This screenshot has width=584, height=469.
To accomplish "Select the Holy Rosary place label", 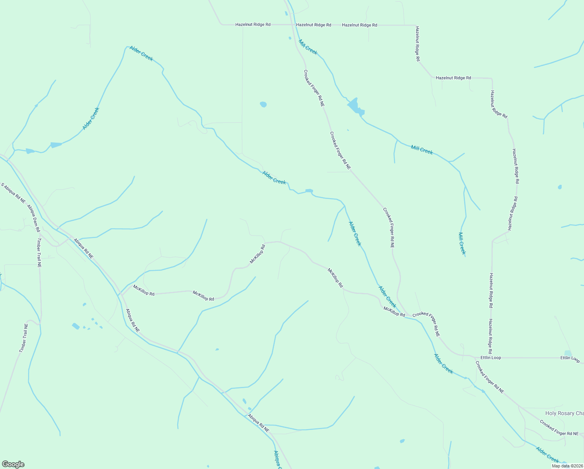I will pyautogui.click(x=564, y=413).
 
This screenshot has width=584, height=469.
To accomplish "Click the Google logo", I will pyautogui.click(x=13, y=464).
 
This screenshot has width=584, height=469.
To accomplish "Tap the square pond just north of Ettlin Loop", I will pyautogui.click(x=568, y=354).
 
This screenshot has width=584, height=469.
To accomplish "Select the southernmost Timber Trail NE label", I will pyautogui.click(x=24, y=338).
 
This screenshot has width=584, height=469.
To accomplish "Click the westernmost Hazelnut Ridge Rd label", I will pyautogui.click(x=253, y=25).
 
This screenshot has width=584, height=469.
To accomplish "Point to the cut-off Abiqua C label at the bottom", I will pyautogui.click(x=278, y=460).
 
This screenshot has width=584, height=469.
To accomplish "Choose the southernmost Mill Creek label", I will pyautogui.click(x=462, y=243).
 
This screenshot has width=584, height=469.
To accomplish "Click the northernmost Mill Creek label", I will pyautogui.click(x=308, y=47).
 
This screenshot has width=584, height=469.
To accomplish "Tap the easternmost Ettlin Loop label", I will pyautogui.click(x=570, y=358).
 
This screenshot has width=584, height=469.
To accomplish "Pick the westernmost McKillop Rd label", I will pyautogui.click(x=144, y=290).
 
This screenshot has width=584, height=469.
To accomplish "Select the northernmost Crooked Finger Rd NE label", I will pyautogui.click(x=314, y=88).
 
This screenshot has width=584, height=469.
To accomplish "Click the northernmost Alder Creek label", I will pyautogui.click(x=141, y=54).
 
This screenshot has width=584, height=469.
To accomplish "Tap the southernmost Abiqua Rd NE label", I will pyautogui.click(x=258, y=423).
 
